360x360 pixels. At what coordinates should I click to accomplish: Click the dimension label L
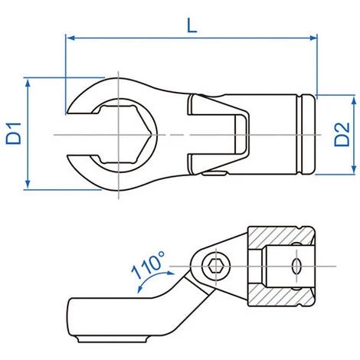coord(192,26)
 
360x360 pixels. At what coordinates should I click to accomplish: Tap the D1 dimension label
coord(14,133)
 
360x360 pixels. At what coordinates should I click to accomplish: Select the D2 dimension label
coord(342,134)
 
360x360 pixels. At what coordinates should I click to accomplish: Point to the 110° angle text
coord(148,265)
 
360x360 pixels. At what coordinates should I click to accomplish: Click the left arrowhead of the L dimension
coord(70,38)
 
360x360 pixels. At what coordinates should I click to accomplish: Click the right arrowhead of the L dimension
coord(313,38)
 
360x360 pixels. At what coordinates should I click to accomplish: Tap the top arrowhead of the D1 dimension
coord(28,82)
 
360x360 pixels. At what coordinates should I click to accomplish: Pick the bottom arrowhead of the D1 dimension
coord(28,185)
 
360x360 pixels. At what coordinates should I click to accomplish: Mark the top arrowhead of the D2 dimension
coord(354,101)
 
